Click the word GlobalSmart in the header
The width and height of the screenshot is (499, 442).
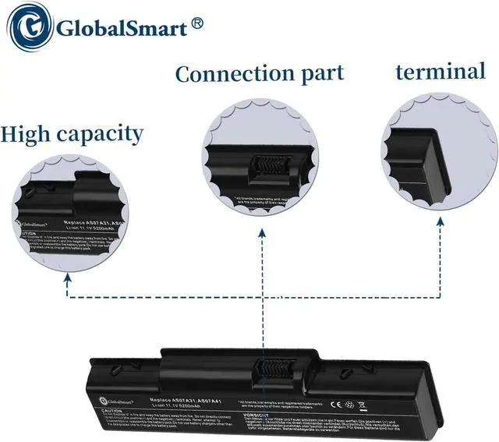pyautogui.click(x=121, y=30)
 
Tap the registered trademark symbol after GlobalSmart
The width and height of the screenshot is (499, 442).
pyautogui.click(x=197, y=24)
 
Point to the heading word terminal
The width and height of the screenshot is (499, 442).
pyautogui.click(x=440, y=72)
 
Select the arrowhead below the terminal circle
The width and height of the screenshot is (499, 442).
pyautogui.click(x=441, y=222)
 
